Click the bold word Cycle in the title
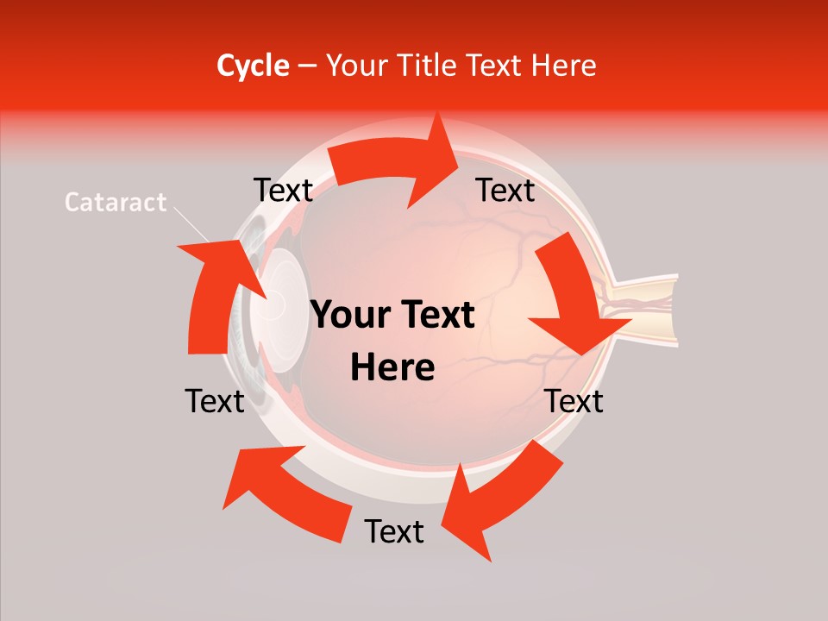tap(253, 66)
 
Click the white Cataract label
tap(116, 203)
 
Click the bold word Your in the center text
tap(353, 316)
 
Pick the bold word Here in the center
tap(392, 367)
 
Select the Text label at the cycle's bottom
tap(394, 531)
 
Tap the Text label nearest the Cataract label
tap(283, 191)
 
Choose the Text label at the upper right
tap(505, 191)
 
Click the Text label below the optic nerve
tap(574, 401)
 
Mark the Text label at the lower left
tap(215, 401)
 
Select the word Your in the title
tap(354, 66)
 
